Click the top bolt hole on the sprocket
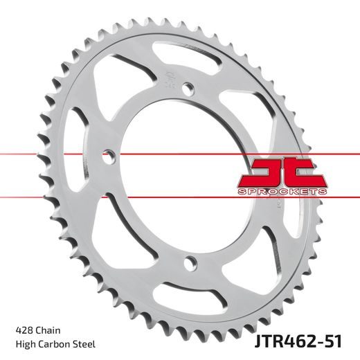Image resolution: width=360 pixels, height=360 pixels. (x=186, y=86)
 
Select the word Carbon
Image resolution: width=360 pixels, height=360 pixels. (x=53, y=343)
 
